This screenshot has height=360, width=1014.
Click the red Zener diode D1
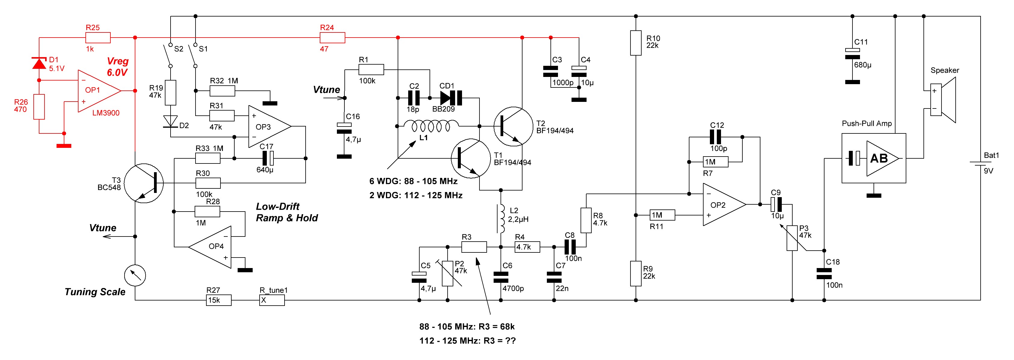(x=39, y=63)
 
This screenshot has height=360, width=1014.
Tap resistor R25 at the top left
(x=98, y=38)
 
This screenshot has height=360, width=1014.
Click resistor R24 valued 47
(x=332, y=38)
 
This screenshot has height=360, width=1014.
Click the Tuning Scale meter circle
(x=135, y=276)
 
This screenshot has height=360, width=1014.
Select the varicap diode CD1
(x=451, y=98)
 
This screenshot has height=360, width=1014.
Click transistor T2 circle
(x=513, y=126)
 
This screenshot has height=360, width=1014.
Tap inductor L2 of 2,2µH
(x=501, y=219)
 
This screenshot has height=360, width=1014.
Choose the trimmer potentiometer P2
(x=448, y=273)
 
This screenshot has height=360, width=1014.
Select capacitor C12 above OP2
(x=715, y=137)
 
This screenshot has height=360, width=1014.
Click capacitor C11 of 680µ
(x=852, y=53)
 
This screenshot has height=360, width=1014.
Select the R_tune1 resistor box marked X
(x=272, y=300)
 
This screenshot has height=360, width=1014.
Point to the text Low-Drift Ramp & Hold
(x=287, y=212)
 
